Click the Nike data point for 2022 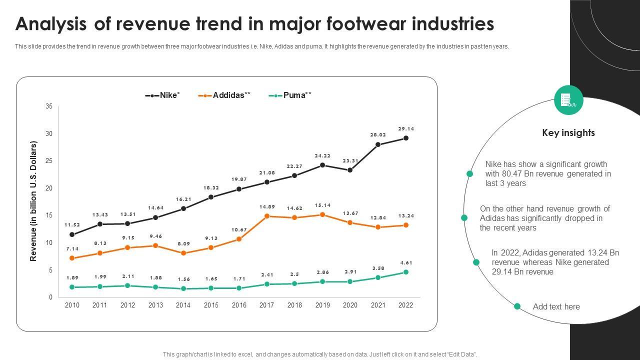406,138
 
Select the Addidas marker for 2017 267,216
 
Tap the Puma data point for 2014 183,288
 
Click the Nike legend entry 162,95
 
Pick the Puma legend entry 290,95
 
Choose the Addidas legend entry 224,95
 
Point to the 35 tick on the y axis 49,106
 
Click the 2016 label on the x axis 239,305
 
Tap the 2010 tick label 72,305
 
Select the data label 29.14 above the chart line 406,128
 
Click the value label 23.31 350,160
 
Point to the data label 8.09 183,244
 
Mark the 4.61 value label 406,262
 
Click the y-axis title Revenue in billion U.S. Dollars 34,201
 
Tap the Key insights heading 568,132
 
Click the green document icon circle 568,100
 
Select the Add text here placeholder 556,306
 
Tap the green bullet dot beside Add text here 517,306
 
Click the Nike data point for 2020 350,170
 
